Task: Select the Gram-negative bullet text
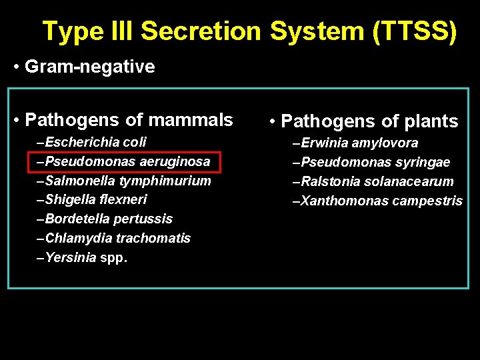(89, 67)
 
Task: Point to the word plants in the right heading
(431, 121)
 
